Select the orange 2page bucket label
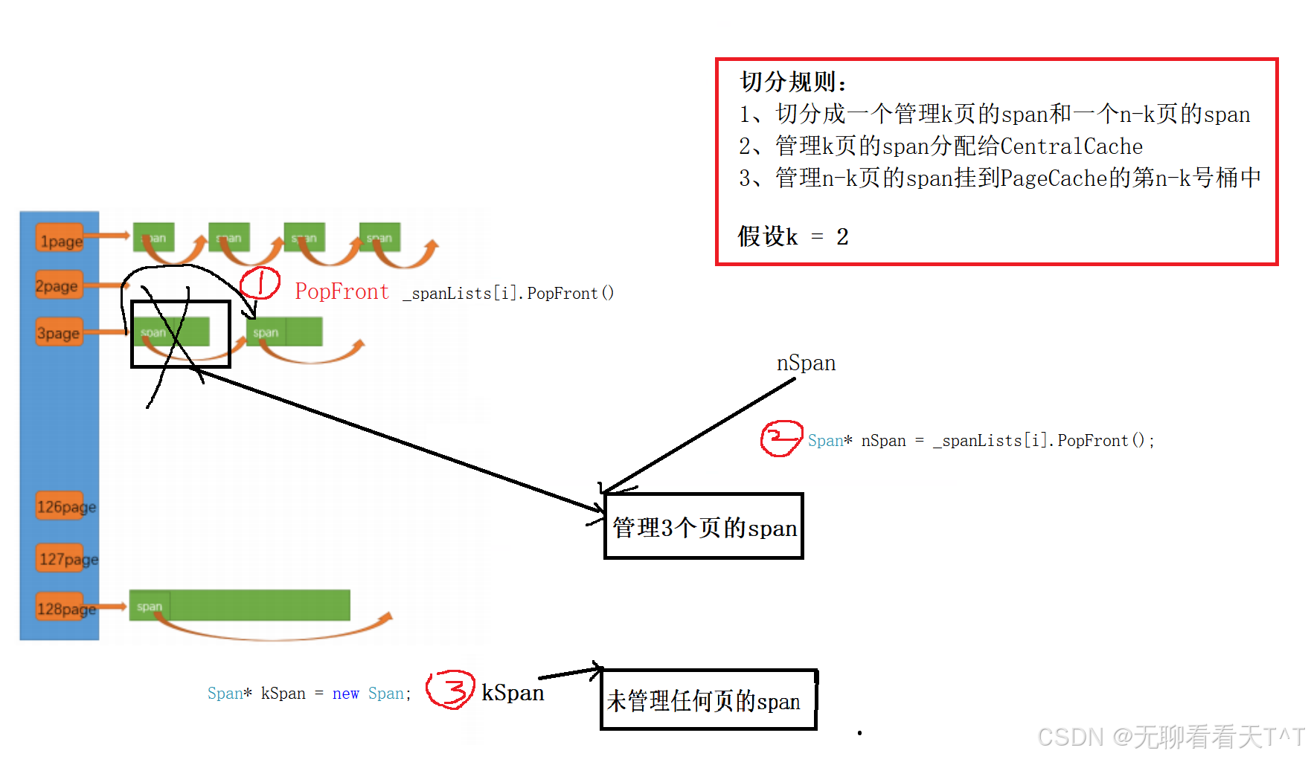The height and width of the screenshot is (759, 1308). click(57, 285)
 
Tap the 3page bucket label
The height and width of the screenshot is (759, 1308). click(59, 333)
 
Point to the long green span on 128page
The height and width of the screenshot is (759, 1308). click(240, 605)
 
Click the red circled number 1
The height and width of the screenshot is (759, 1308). click(260, 283)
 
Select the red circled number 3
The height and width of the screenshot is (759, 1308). click(450, 689)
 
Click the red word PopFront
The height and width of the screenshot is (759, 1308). click(342, 291)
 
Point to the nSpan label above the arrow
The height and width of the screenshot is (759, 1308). click(806, 363)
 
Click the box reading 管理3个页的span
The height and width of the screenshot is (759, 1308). click(704, 526)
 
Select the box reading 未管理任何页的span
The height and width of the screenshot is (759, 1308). click(708, 700)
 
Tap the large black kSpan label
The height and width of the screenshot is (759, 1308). click(513, 692)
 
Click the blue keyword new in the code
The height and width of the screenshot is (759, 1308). click(345, 694)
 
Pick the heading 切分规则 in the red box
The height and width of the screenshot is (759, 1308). click(792, 81)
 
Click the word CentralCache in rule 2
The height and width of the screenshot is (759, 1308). click(1071, 146)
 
